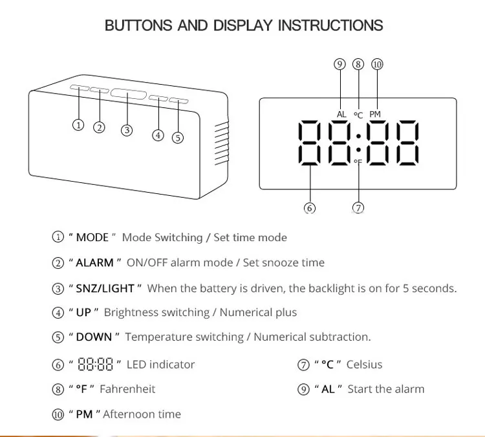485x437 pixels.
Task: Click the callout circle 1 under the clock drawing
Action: pyautogui.click(x=78, y=125)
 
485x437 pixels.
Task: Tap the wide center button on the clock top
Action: pyautogui.click(x=127, y=95)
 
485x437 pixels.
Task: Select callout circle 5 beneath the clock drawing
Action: pyautogui.click(x=178, y=137)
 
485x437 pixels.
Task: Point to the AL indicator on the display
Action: pyautogui.click(x=341, y=114)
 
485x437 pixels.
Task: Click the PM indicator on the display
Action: pyautogui.click(x=375, y=114)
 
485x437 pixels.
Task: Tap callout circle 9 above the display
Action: pyautogui.click(x=339, y=64)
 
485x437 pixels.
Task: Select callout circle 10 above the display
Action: pyautogui.click(x=377, y=64)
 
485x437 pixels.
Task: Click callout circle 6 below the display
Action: pyautogui.click(x=309, y=208)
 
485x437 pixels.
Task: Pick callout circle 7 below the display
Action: pyautogui.click(x=358, y=208)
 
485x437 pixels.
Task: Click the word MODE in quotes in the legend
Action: pyautogui.click(x=92, y=237)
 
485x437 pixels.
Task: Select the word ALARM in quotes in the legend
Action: pyautogui.click(x=95, y=262)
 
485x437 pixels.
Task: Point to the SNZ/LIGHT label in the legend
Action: pyautogui.click(x=105, y=288)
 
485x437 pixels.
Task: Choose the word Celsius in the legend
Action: pyautogui.click(x=364, y=364)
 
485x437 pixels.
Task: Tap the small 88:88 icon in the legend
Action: pyautogui.click(x=95, y=365)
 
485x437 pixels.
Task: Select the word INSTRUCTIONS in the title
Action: pyautogui.click(x=330, y=26)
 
